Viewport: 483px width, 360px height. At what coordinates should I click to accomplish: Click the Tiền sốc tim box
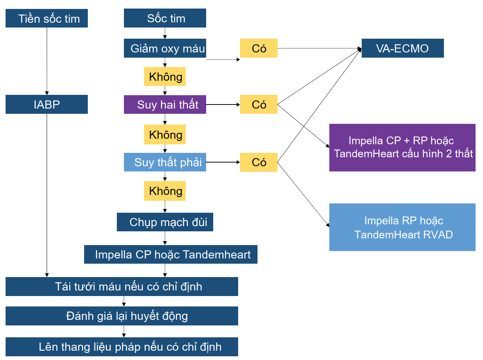pyautogui.click(x=47, y=18)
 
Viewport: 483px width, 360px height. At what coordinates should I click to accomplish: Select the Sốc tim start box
pyautogui.click(x=165, y=18)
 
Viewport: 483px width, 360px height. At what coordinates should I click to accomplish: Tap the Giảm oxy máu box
pyautogui.click(x=165, y=48)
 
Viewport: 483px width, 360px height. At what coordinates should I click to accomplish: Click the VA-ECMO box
pyautogui.click(x=403, y=48)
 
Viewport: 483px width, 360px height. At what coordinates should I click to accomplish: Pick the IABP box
pyautogui.click(x=47, y=104)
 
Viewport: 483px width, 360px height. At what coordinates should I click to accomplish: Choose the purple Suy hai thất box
pyautogui.click(x=165, y=105)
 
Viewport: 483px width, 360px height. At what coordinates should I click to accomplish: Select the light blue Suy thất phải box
pyautogui.click(x=165, y=162)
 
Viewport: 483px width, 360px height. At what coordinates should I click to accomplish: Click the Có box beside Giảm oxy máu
pyautogui.click(x=259, y=48)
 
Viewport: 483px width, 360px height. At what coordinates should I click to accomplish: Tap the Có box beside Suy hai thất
pyautogui.click(x=259, y=105)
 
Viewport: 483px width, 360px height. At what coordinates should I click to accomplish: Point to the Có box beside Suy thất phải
pyautogui.click(x=259, y=162)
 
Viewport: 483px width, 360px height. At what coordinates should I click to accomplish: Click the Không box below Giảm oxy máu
pyautogui.click(x=165, y=77)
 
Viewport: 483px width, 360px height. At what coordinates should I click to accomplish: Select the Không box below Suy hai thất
pyautogui.click(x=165, y=135)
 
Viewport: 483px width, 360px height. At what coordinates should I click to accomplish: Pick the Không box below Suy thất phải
pyautogui.click(x=165, y=191)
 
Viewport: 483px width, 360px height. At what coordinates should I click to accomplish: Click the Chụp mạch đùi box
pyautogui.click(x=165, y=222)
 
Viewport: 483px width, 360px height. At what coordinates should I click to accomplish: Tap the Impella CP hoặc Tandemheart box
pyautogui.click(x=171, y=254)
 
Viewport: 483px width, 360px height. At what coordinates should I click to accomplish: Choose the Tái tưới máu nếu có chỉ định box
pyautogui.click(x=122, y=286)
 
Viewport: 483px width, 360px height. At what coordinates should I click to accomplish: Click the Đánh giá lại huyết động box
pyautogui.click(x=122, y=316)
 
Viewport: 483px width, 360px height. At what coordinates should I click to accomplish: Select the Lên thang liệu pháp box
pyautogui.click(x=122, y=347)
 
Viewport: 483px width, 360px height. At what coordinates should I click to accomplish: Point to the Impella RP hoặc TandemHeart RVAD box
pyautogui.click(x=402, y=227)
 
